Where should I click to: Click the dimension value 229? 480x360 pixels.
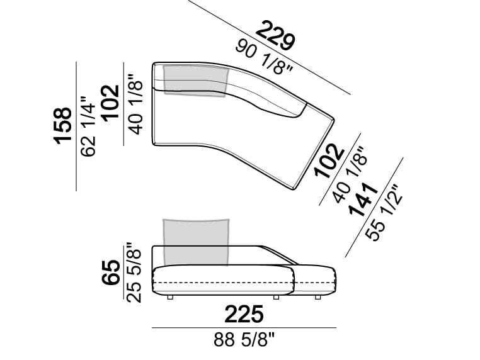(x=276, y=35)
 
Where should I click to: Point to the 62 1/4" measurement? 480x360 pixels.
(x=88, y=127)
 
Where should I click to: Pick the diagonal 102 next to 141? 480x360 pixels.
(x=330, y=160)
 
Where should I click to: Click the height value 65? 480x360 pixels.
(x=110, y=273)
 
